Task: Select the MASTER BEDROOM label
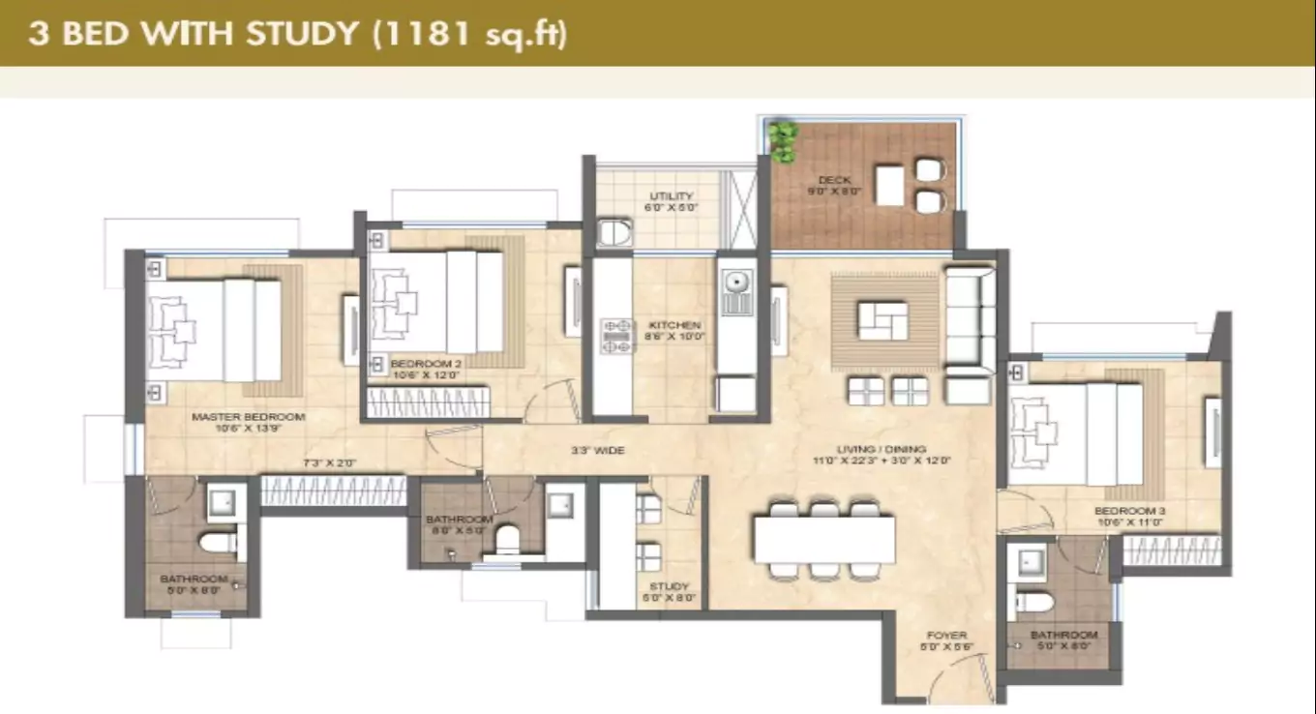point(248,417)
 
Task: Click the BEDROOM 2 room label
point(428,365)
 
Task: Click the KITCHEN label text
point(675,325)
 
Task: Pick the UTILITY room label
point(672,196)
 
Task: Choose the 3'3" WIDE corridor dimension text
point(596,451)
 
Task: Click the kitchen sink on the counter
point(735,283)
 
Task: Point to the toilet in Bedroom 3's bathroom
point(1032,603)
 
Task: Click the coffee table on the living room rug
point(882,320)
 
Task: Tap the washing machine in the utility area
point(614,232)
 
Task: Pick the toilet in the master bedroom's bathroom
point(221,542)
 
